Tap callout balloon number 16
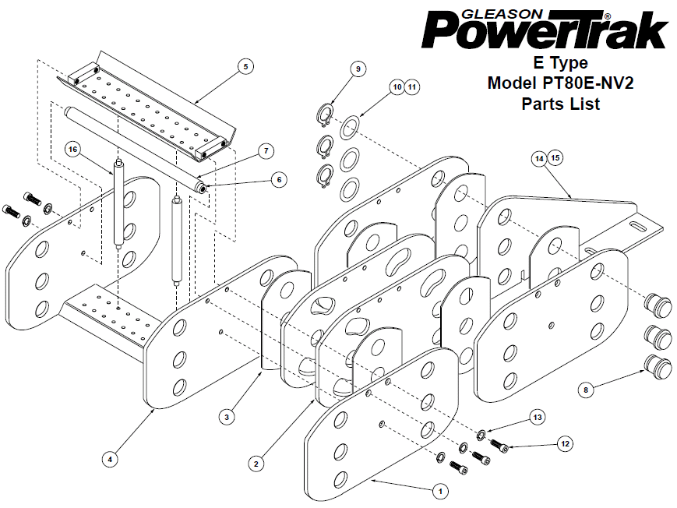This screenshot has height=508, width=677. point(72,148)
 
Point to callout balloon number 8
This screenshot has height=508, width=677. point(586,387)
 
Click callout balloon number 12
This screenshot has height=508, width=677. point(566,443)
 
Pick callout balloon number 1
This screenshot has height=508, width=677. point(440,491)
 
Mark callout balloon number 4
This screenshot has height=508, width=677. point(111,459)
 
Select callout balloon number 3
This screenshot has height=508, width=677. point(226,418)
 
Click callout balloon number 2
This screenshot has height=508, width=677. point(254,463)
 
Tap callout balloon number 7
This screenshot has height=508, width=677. point(265,149)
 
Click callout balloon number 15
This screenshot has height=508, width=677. point(555,157)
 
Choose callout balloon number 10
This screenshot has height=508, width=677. point(397,87)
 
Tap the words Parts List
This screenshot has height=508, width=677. point(560,103)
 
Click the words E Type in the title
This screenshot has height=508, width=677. point(560,62)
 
